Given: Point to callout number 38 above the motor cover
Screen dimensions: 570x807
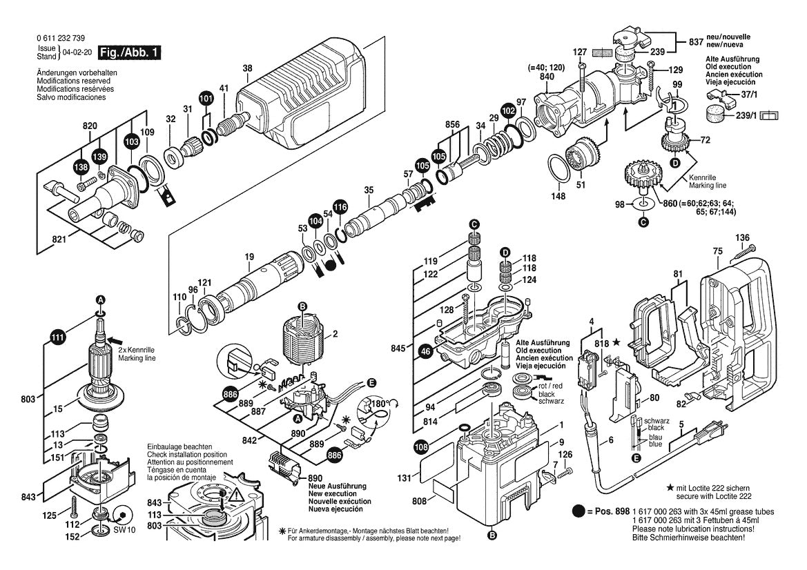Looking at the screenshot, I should click(x=248, y=68).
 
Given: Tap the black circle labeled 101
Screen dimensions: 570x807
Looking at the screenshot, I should click(x=206, y=99).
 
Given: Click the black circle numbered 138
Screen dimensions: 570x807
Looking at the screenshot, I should click(x=81, y=168).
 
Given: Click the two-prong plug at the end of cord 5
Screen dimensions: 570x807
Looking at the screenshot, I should click(x=716, y=440).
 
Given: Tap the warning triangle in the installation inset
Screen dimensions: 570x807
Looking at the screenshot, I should click(x=237, y=494).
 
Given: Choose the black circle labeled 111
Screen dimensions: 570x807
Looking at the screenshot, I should click(x=57, y=337).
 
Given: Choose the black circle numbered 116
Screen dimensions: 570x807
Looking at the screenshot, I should click(x=340, y=206).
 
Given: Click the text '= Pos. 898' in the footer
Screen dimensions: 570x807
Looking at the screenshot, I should click(x=607, y=511).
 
